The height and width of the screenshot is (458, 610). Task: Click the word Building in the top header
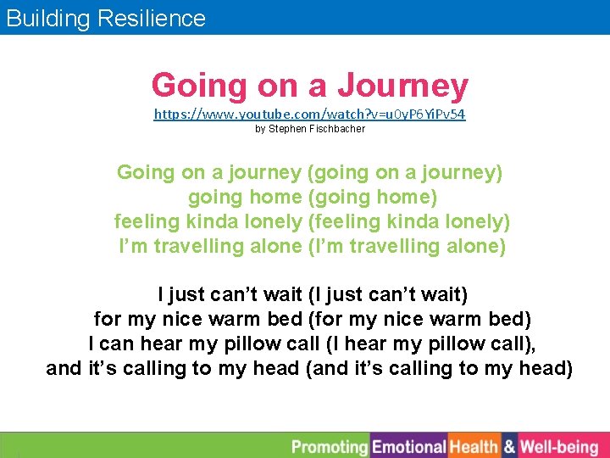point(47,18)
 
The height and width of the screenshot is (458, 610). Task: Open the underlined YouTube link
point(309,113)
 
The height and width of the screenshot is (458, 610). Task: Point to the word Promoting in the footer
point(330,446)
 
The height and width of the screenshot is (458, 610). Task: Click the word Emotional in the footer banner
point(409,446)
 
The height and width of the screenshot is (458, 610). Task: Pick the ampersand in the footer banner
point(509,446)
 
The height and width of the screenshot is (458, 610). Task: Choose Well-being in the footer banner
point(559,446)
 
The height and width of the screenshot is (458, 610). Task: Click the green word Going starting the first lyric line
point(146,172)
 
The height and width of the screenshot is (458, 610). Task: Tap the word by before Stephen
point(260,129)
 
